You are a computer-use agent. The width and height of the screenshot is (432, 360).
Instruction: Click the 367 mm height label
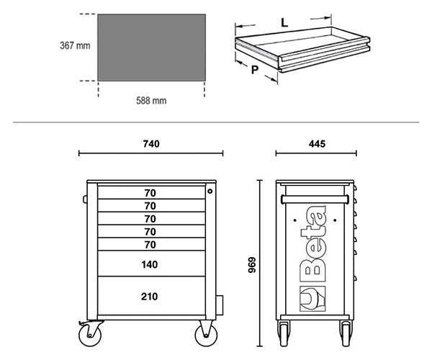pyautogui.click(x=75, y=45)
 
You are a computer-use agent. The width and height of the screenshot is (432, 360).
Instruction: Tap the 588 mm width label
pyautogui.click(x=151, y=101)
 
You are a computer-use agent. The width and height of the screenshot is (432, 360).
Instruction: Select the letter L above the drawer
pyautogui.click(x=284, y=22)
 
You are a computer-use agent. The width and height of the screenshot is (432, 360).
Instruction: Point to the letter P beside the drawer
pyautogui.click(x=255, y=70)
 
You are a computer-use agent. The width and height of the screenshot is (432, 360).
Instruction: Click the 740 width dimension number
pyautogui.click(x=151, y=144)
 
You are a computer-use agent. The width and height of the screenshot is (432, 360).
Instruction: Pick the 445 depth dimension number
pyautogui.click(x=317, y=144)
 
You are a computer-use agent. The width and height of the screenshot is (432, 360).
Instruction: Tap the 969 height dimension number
pyautogui.click(x=252, y=265)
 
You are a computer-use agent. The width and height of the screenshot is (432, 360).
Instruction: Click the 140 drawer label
pyautogui.click(x=150, y=264)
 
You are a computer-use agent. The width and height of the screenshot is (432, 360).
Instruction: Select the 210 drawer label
pyautogui.click(x=149, y=297)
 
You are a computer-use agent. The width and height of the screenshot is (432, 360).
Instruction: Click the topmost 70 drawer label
pyautogui.click(x=150, y=193)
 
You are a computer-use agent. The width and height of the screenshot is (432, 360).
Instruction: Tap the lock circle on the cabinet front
pyautogui.click(x=210, y=191)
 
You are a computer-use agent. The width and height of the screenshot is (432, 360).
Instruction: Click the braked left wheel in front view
pyautogui.click(x=90, y=335)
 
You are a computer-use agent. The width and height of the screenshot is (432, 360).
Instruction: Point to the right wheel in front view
pyautogui.click(x=206, y=335)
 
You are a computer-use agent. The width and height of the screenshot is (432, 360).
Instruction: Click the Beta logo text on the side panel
pyautogui.click(x=313, y=244)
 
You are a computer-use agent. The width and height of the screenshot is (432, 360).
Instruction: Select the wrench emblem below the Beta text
pyautogui.click(x=312, y=299)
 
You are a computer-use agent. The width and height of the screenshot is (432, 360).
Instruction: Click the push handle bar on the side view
pyautogui.click(x=315, y=199)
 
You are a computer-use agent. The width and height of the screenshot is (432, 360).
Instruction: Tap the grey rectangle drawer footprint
pyautogui.click(x=151, y=48)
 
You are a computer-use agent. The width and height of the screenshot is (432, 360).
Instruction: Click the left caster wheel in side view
pyautogui.click(x=284, y=333)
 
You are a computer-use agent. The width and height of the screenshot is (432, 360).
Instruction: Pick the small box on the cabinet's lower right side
pyautogui.click(x=220, y=305)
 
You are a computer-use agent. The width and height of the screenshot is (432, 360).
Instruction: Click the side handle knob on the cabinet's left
pyautogui.click(x=85, y=199)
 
